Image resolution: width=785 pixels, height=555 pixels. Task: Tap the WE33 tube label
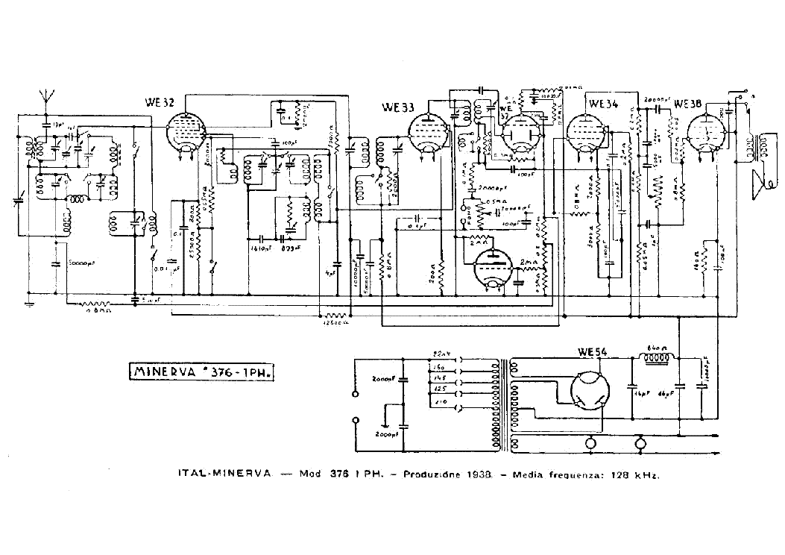pyautogui.click(x=397, y=107)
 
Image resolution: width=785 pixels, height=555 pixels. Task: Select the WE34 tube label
pyautogui.click(x=602, y=104)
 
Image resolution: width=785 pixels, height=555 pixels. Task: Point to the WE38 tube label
pyautogui.click(x=685, y=104)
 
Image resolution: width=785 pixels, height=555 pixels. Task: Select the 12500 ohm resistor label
pyautogui.click(x=332, y=323)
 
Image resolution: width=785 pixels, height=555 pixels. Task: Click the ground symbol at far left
pyautogui.click(x=28, y=304)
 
